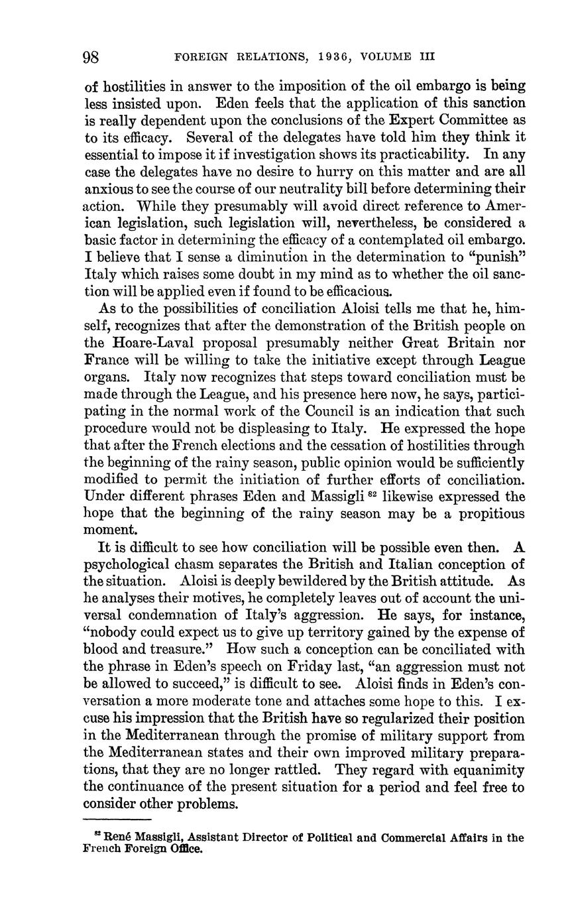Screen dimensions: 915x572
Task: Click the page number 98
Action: [x=91, y=57]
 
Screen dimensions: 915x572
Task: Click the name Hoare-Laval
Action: [x=150, y=343]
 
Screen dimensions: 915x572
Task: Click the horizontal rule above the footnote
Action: [x=118, y=821]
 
